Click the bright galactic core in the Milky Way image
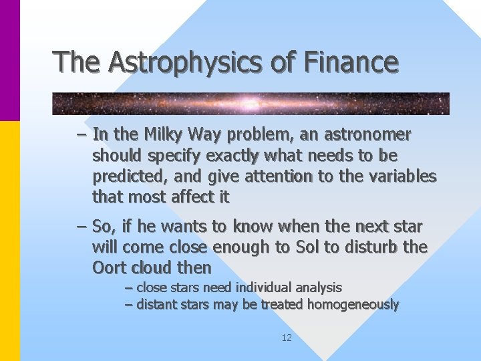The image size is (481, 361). (251, 104)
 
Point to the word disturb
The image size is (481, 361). (371, 247)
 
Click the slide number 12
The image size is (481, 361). (287, 338)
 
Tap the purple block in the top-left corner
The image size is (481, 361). (10, 60)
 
